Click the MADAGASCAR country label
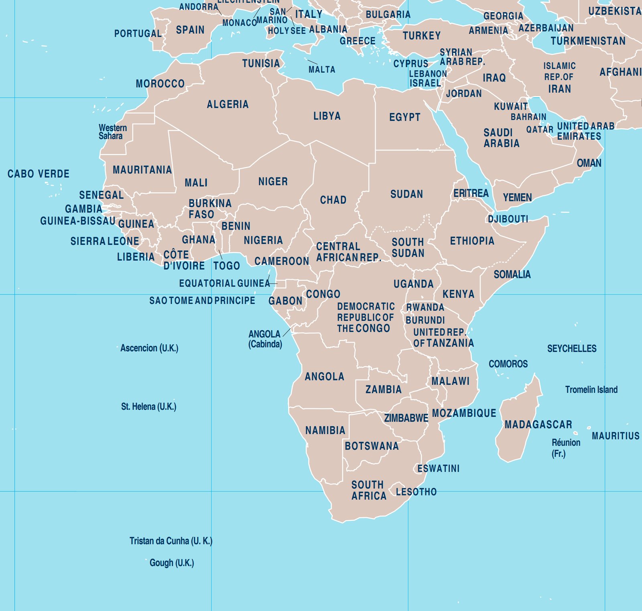tap(538, 424)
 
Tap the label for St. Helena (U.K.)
tap(148, 406)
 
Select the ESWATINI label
tap(438, 468)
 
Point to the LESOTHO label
tap(416, 491)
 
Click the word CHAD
tap(333, 200)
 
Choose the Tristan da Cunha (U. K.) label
tap(171, 541)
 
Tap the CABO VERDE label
tap(39, 174)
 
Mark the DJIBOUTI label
tap(508, 219)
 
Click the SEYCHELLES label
tap(571, 348)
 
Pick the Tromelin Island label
tap(591, 389)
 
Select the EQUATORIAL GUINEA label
tap(224, 283)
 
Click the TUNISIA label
tap(261, 63)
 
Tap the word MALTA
tap(322, 69)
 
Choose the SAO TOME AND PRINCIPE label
tap(202, 300)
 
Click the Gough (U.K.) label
tap(171, 562)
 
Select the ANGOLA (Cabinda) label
tap(265, 339)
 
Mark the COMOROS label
tap(508, 364)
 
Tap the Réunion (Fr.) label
tap(565, 448)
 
